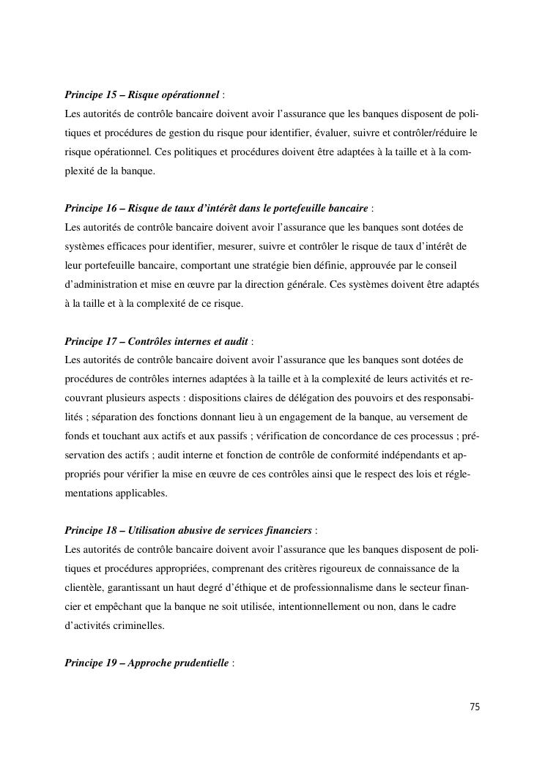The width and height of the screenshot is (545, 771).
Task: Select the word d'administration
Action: coord(99,284)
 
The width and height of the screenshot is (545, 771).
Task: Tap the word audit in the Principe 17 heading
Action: coord(235,341)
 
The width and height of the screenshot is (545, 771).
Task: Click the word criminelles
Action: coord(131,626)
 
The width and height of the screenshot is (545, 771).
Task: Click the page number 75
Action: coord(474,707)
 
